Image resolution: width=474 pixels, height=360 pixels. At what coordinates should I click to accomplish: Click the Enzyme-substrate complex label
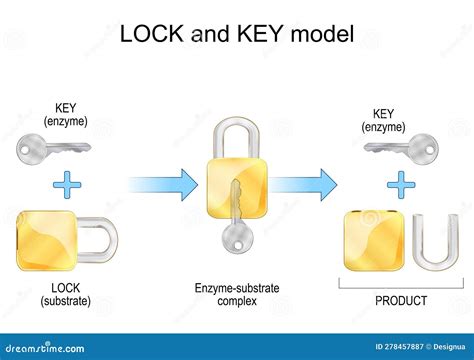[x=237, y=295]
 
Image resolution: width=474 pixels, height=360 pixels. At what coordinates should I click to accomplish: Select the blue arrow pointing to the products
[x=305, y=184]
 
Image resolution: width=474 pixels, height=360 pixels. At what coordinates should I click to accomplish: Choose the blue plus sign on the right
[x=402, y=184]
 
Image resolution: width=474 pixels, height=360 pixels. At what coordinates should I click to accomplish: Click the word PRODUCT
[x=400, y=300]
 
